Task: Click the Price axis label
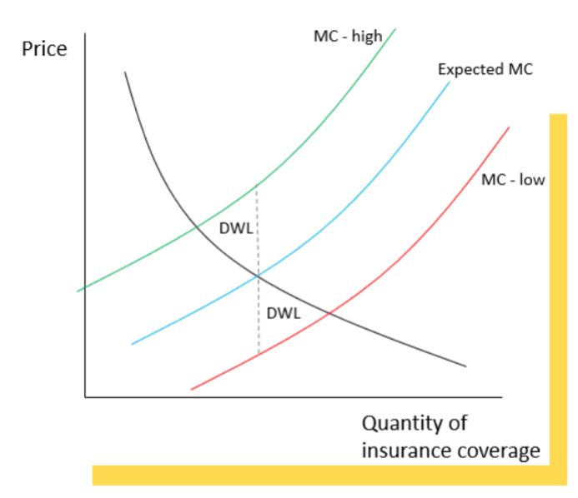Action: [43, 48]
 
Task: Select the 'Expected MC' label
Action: [485, 69]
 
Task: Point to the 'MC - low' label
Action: [512, 179]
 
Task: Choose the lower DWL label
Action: [284, 313]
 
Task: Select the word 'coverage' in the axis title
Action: [500, 451]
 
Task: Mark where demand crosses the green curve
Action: [196, 227]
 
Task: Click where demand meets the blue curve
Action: [258, 275]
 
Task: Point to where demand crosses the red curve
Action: [330, 313]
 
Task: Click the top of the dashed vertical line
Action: [257, 185]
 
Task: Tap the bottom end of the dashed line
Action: [258, 354]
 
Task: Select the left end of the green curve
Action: [78, 291]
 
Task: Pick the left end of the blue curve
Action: [132, 344]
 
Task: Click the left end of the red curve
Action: [192, 389]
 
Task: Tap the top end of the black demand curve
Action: [125, 72]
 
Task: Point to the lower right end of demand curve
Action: [465, 366]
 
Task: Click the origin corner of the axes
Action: [84, 397]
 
